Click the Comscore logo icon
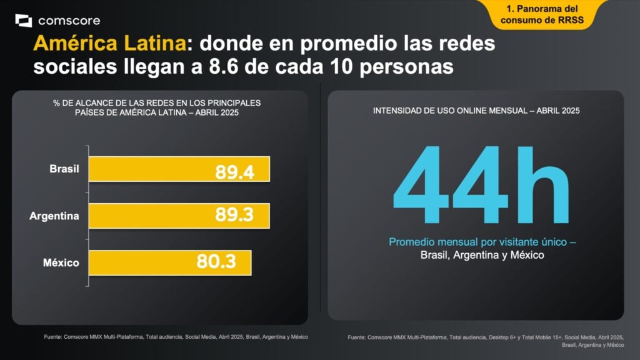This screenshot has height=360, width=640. pos(23,21)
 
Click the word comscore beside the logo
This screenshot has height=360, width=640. pos(69,21)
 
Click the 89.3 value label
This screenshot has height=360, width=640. pos(234,216)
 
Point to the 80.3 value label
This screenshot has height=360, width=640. pos(216,262)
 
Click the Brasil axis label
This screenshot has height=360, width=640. pos(64,169)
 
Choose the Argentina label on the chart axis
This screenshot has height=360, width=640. pos(54,216)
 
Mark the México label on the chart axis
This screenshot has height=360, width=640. pos(61,262)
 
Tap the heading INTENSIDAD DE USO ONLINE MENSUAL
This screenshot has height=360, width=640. pos(476,111)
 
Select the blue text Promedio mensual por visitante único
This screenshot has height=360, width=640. pos(482,242)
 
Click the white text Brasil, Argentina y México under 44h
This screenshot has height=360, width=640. pos(482,255)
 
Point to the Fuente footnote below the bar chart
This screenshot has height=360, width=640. pos(176,337)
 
